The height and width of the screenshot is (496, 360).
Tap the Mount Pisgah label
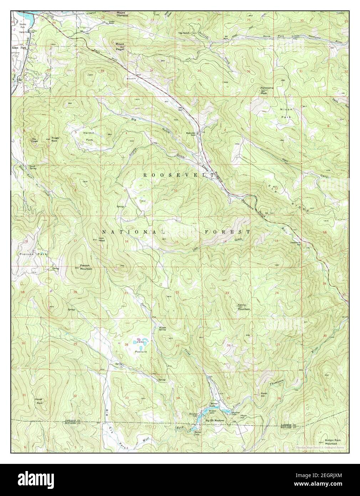[x=120, y=45]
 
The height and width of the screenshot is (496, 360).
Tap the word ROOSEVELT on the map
[x=178, y=175]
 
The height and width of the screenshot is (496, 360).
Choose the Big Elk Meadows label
[x=217, y=421]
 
